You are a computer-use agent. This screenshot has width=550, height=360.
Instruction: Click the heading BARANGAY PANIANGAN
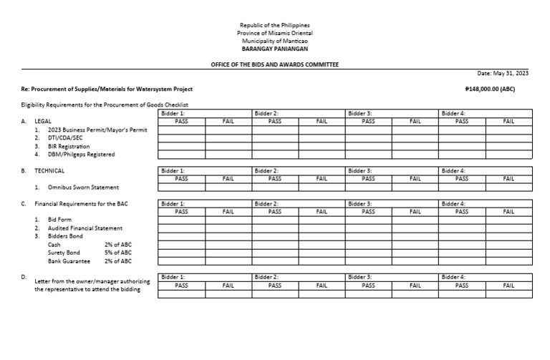[275, 49]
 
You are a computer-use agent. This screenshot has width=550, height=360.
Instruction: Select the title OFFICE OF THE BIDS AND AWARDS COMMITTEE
[275, 64]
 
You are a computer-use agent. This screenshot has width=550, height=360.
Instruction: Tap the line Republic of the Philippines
[275, 25]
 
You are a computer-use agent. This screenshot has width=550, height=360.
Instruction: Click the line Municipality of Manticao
[275, 42]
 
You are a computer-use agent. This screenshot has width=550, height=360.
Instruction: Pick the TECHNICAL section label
[49, 171]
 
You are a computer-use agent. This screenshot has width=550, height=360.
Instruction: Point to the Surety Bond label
[64, 253]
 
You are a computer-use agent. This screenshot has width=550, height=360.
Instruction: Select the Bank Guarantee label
[69, 261]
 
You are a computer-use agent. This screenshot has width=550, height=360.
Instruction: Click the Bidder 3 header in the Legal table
[360, 113]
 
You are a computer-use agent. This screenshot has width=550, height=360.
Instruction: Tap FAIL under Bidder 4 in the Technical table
[508, 179]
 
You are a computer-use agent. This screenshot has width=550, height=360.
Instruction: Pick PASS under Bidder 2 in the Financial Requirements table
[274, 212]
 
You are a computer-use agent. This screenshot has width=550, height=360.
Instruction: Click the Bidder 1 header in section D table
[173, 277]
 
